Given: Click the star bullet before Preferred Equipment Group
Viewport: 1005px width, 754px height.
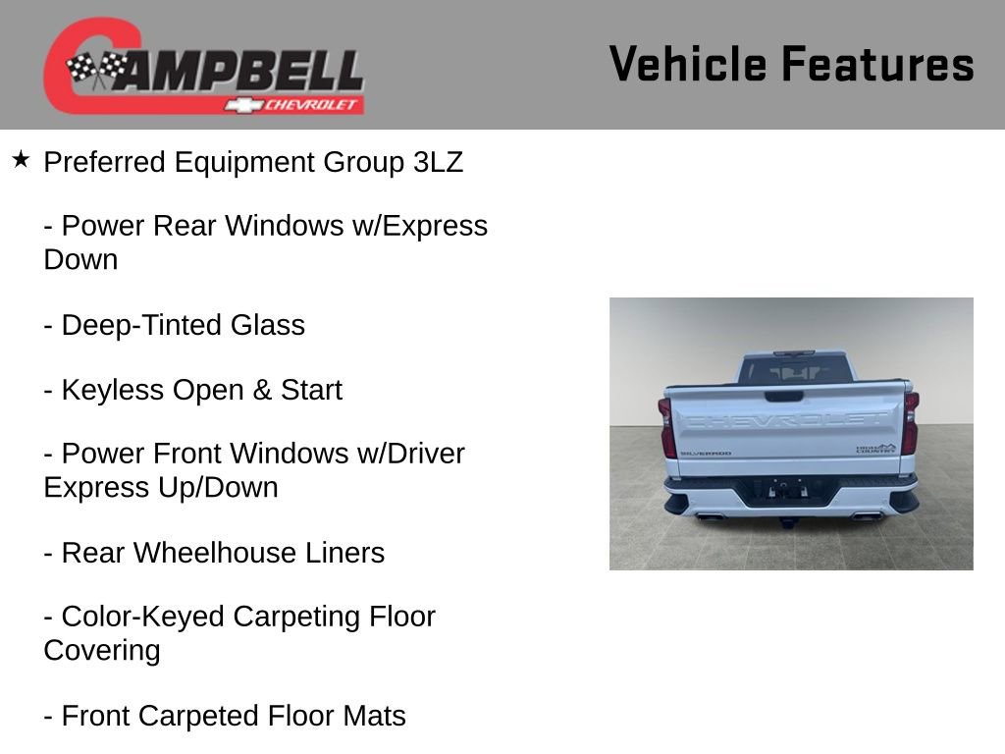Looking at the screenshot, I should coord(21,158).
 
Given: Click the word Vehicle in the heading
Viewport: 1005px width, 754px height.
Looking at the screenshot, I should coord(688,64).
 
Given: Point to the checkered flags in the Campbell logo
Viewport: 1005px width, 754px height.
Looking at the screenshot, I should coord(96,69).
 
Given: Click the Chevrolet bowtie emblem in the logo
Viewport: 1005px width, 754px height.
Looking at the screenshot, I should coord(242,105).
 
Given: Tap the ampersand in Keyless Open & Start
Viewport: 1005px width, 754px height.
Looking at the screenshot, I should coord(262,390).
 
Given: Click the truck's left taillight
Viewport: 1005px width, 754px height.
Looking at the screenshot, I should coord(667,426).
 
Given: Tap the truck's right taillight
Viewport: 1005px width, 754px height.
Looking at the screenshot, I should coord(911,422).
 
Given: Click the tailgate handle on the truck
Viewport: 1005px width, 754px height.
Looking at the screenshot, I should coord(782,397).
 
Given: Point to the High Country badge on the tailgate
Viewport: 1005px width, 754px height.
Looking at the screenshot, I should coord(875,448).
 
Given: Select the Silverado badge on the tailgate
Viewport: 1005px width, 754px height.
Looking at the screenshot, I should coord(705,453).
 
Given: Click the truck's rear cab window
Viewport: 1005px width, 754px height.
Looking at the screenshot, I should coord(793,369).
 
